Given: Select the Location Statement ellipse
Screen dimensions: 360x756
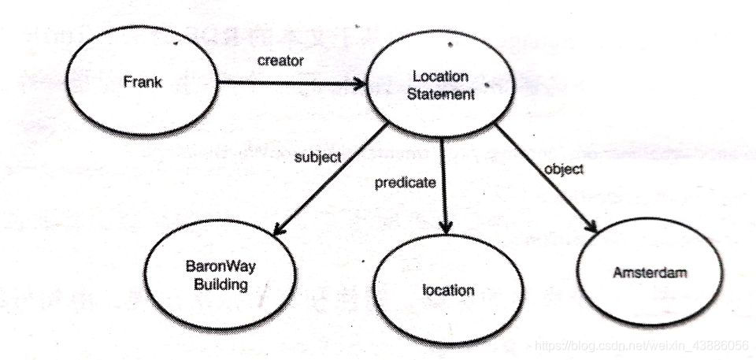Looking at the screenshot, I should click(x=441, y=87).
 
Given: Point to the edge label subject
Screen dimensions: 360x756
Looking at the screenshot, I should click(x=318, y=157).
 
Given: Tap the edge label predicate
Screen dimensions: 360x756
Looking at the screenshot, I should click(x=405, y=183).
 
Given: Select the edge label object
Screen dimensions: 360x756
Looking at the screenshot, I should click(x=564, y=169).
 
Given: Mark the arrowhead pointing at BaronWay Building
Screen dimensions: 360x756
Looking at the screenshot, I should click(x=277, y=229).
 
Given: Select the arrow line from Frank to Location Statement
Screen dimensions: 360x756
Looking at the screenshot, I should click(x=291, y=82).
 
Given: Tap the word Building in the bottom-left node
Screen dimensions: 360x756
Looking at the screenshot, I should click(x=220, y=284).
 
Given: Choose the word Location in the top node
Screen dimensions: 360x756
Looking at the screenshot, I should click(x=441, y=77).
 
